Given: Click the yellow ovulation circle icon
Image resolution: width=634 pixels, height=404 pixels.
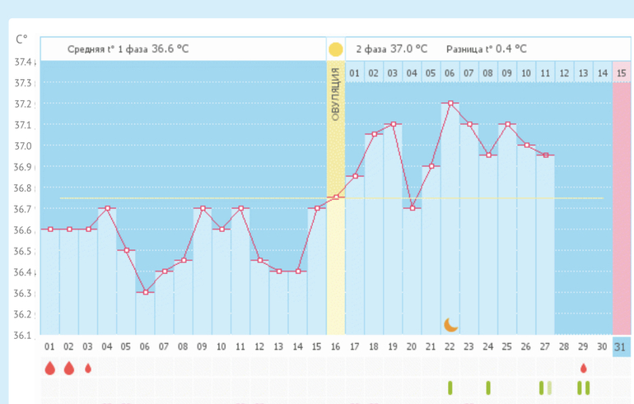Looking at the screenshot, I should click(x=335, y=49).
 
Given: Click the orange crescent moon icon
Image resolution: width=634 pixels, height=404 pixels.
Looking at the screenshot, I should click(x=450, y=324).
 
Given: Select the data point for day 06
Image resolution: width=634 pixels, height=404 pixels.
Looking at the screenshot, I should click(x=145, y=292).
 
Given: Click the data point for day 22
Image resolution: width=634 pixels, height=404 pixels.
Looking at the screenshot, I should click(x=450, y=104).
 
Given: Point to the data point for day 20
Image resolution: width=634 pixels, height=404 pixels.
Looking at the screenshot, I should click(x=412, y=208).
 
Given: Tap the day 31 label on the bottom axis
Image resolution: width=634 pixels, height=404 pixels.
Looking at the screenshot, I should click(x=622, y=347).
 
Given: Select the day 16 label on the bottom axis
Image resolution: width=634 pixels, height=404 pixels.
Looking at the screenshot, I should click(x=335, y=347).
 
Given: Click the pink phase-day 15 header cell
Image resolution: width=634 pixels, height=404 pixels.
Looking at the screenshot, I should click(x=622, y=73).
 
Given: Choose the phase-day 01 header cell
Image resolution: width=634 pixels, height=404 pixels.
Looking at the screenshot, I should click(x=355, y=73).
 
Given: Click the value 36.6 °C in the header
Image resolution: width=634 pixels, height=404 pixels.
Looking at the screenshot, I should click(x=170, y=49).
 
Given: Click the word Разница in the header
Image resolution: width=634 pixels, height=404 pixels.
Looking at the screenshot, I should click(x=466, y=49).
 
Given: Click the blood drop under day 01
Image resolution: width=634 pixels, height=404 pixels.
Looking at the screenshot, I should click(x=49, y=368).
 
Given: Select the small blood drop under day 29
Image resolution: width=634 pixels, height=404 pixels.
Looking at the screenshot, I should click(x=584, y=368).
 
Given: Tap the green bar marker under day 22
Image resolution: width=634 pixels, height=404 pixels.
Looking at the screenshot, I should click(x=450, y=387).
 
